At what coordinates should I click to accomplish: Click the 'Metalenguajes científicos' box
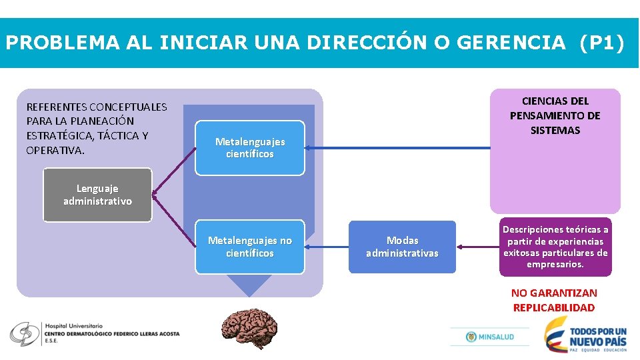[x=250, y=148]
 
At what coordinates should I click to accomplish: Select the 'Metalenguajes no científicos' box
[x=250, y=247]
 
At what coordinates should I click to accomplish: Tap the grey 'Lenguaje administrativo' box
[x=97, y=195]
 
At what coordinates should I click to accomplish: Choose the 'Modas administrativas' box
[x=402, y=247]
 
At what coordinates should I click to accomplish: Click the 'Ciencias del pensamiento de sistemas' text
[x=555, y=116]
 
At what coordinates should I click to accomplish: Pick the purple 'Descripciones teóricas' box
[x=555, y=247]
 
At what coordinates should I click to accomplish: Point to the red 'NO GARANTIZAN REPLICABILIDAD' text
[x=554, y=300]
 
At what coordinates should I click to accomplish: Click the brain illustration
[x=249, y=327]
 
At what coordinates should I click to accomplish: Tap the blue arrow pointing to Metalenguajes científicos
[x=400, y=148]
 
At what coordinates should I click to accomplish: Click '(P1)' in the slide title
[x=602, y=43]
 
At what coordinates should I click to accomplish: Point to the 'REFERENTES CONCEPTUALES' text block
[x=97, y=128]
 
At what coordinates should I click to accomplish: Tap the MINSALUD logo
[x=490, y=337]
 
